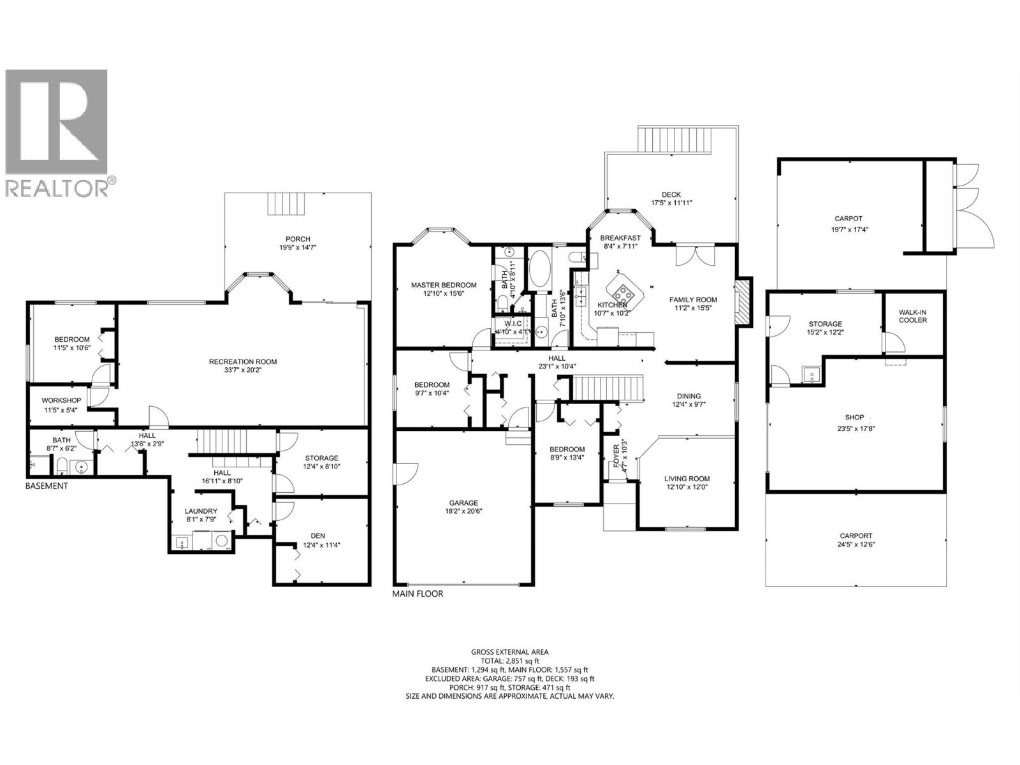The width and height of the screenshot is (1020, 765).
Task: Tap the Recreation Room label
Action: coord(243,361)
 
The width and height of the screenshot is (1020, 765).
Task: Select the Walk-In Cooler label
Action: coord(913,316)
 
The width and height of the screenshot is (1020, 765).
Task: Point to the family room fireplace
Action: coord(741,302)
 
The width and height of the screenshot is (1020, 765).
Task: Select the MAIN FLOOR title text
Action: coord(417,594)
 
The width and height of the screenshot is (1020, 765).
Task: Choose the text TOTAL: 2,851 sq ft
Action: coord(509,661)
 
